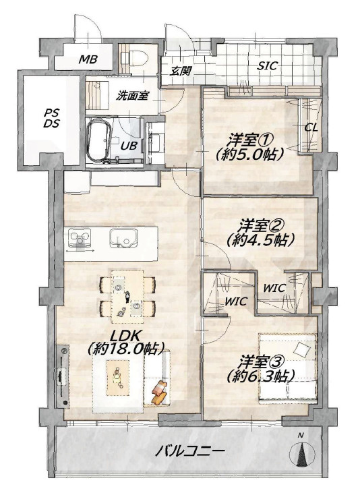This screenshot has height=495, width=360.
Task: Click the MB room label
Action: point(88,59)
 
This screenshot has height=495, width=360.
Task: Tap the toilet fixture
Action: point(138,58)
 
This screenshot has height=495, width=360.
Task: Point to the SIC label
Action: point(267,66)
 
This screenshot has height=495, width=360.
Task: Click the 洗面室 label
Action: point(132,96)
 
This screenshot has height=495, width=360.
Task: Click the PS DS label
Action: point(51,118)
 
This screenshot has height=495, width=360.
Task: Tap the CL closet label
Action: point(311,129)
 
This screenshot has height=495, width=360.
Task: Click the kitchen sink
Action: point(123,238)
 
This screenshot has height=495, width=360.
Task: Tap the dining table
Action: point(127,296)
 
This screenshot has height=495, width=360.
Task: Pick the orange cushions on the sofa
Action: point(160,392)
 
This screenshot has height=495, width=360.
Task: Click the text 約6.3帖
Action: point(261,376)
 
